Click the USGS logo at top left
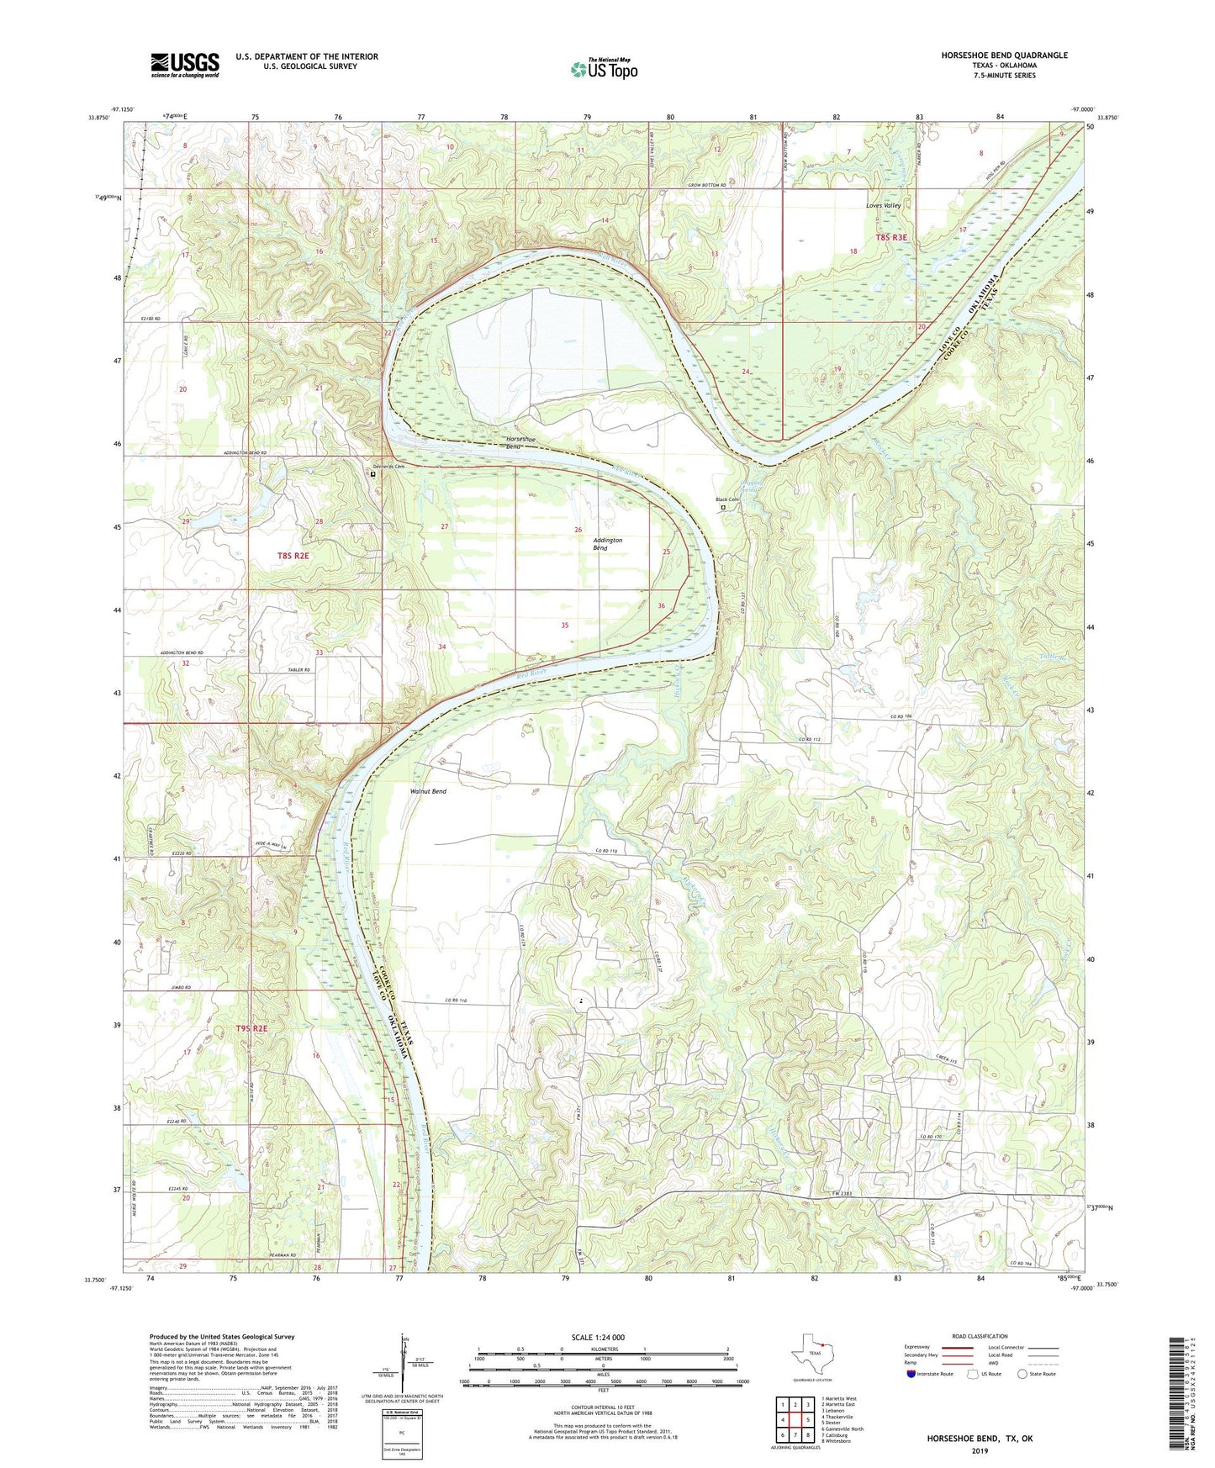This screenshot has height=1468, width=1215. [185, 65]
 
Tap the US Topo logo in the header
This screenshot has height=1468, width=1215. [604, 69]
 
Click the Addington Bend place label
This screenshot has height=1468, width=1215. [607, 544]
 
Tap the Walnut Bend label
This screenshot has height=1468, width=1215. [428, 792]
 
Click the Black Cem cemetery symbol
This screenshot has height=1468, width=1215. [722, 507]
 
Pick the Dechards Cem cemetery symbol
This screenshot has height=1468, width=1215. [373, 474]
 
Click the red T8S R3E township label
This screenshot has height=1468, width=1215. [891, 238]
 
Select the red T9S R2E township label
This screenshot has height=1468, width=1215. [251, 1028]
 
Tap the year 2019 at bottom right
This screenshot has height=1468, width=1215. [980, 1451]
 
